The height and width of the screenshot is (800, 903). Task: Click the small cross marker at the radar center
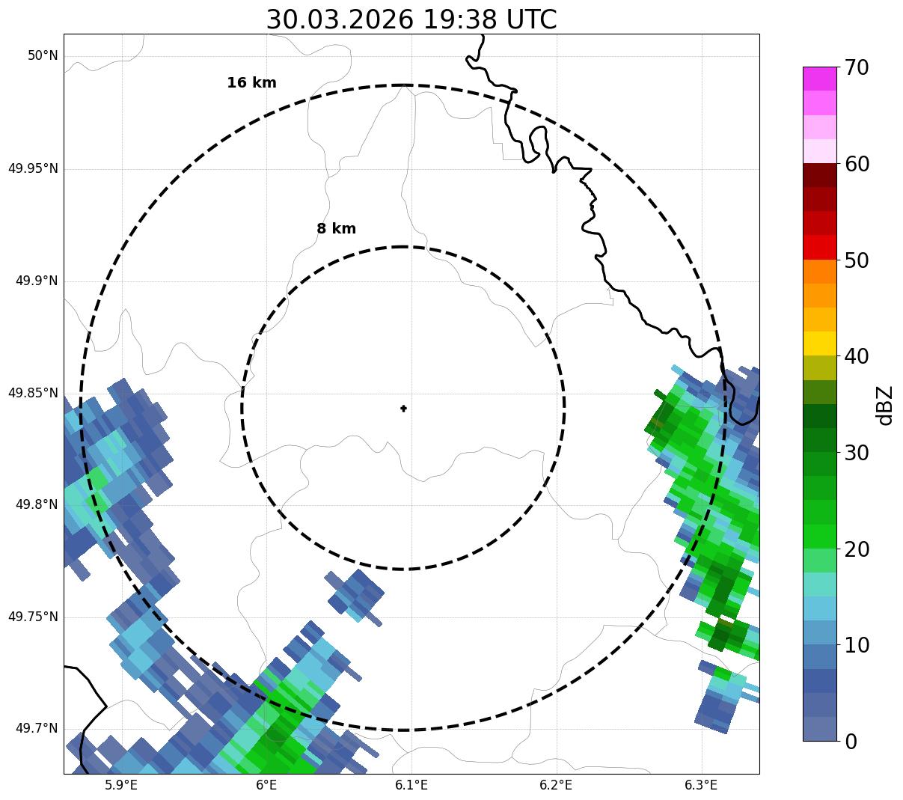[x=403, y=408]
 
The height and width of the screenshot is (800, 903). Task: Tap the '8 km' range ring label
[x=336, y=229]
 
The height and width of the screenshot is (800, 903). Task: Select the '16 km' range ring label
[x=251, y=83]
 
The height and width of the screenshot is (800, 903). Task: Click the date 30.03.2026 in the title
[x=339, y=19]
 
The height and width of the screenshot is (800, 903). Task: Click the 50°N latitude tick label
[x=43, y=56]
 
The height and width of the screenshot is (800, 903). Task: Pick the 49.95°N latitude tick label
[x=33, y=168]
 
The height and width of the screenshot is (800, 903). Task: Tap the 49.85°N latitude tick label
[x=33, y=393]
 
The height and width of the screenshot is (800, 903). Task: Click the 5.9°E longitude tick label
[x=121, y=785]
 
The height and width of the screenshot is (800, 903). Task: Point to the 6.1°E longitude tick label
[x=411, y=785]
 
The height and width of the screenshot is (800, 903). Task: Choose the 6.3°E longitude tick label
[x=701, y=785]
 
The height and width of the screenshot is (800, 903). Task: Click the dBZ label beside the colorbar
[x=885, y=405]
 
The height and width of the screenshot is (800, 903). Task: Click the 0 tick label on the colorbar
[x=851, y=742]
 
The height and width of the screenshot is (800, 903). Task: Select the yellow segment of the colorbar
[x=819, y=343]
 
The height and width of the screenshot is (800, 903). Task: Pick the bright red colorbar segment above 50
[x=819, y=247]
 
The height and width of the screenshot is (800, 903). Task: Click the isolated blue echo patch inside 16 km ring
[x=355, y=595]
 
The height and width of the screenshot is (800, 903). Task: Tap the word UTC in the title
[x=531, y=19]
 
